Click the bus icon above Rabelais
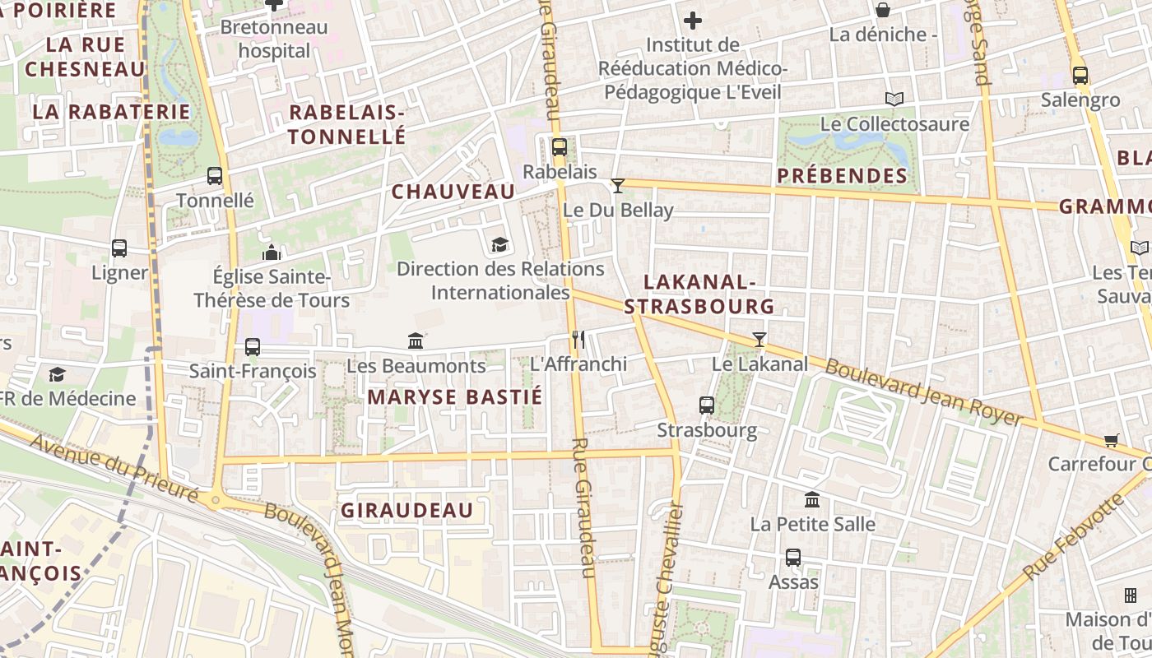(560, 148)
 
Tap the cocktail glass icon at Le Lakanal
(759, 339)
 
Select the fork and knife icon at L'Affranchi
(578, 339)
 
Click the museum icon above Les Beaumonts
(416, 341)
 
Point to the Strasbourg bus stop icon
(707, 405)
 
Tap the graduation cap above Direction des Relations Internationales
(499, 244)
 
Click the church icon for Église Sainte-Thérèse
(272, 253)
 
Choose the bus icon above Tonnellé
(215, 176)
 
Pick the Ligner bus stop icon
(119, 248)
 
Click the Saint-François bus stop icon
(253, 347)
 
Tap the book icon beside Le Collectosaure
(894, 100)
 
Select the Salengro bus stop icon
(1080, 76)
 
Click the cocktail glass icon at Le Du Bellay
(618, 186)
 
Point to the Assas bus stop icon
(793, 558)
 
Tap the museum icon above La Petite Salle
(812, 500)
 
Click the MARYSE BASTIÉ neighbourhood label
(455, 397)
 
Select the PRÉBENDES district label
(842, 176)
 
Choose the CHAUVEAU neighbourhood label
(453, 192)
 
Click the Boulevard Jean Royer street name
(923, 392)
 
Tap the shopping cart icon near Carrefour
(1112, 440)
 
